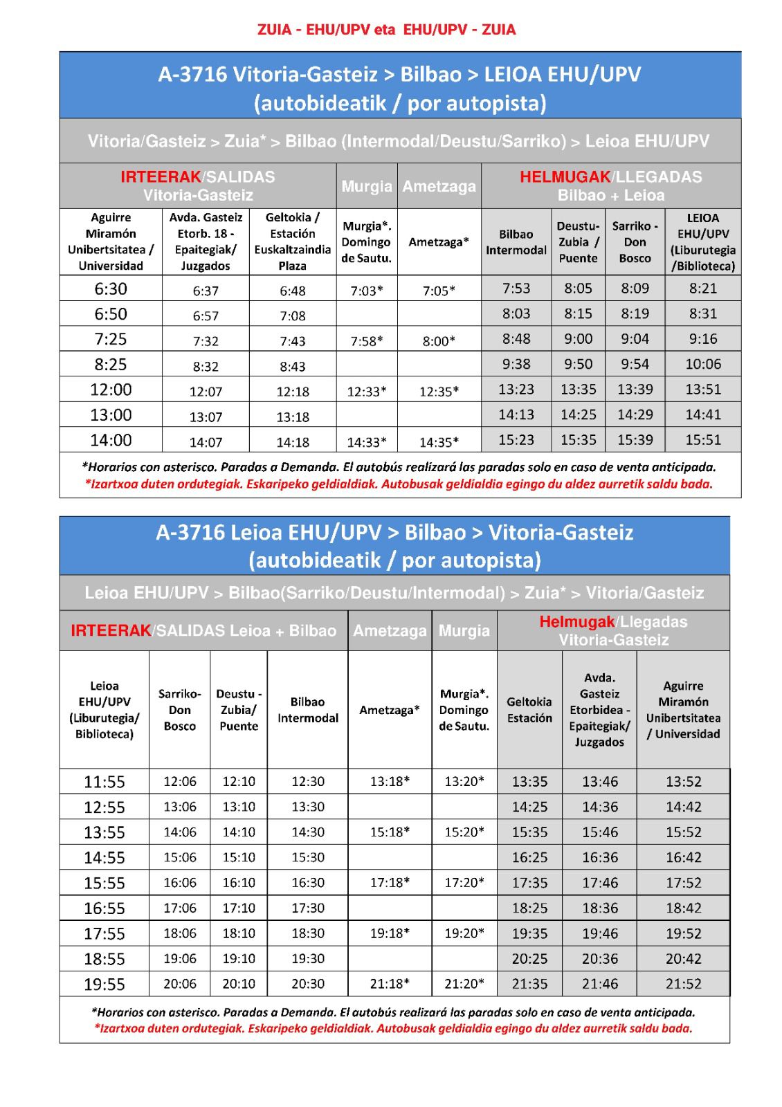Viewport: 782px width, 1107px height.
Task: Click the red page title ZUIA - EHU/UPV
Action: (x=386, y=30)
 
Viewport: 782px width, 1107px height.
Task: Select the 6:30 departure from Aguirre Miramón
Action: (x=111, y=289)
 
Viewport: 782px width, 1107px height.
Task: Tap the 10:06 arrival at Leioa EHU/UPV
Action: (x=703, y=364)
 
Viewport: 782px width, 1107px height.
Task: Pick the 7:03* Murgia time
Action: (x=367, y=291)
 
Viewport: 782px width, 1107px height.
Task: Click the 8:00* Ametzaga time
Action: (x=439, y=341)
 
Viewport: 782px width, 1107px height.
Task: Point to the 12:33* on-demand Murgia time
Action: (x=367, y=392)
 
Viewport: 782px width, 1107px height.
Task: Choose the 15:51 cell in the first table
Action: (x=703, y=440)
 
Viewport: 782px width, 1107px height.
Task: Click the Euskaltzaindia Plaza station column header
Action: (x=292, y=241)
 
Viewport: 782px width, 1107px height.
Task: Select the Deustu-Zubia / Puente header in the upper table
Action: (x=578, y=242)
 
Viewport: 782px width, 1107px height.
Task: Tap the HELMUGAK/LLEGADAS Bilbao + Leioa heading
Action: (x=610, y=185)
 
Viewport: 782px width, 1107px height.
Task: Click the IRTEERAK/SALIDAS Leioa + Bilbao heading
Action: (x=203, y=631)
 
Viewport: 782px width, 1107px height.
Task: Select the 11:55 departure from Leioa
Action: (x=104, y=782)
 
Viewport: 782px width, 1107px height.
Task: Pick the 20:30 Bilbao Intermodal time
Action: (x=308, y=984)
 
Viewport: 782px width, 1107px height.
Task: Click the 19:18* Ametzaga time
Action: (x=390, y=933)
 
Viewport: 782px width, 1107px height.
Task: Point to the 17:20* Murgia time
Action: (x=464, y=883)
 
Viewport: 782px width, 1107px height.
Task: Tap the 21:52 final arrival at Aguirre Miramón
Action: (x=683, y=984)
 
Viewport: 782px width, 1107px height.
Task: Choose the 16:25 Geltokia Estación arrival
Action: (x=529, y=858)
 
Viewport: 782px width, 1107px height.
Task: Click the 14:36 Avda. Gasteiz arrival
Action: (x=599, y=807)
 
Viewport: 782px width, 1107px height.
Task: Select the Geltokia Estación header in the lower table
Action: (x=529, y=710)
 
